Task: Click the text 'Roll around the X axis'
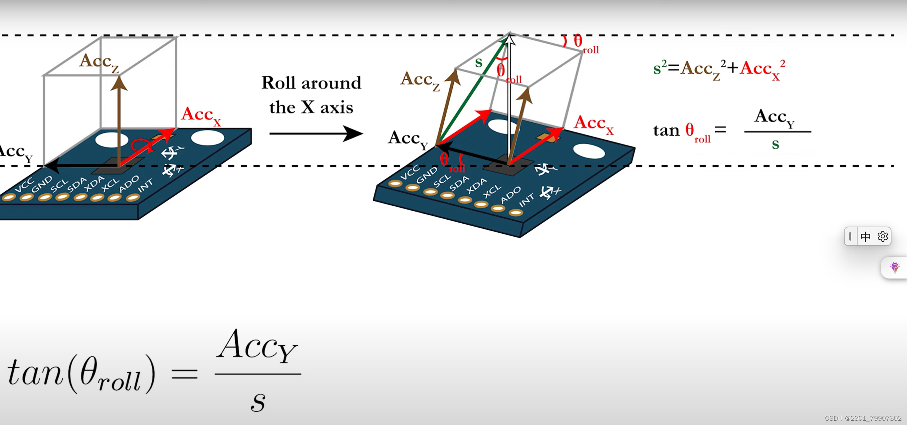pyautogui.click(x=311, y=95)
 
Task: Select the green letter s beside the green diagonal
pyautogui.click(x=479, y=63)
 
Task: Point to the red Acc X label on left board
pyautogui.click(x=200, y=116)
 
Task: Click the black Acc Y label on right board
pyautogui.click(x=408, y=139)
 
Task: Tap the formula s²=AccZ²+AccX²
pyautogui.click(x=719, y=69)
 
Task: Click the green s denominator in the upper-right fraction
pyautogui.click(x=775, y=144)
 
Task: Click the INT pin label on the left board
pyautogui.click(x=146, y=185)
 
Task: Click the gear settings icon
pyautogui.click(x=882, y=236)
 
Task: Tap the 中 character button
pyautogui.click(x=866, y=236)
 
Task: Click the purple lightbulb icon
pyautogui.click(x=895, y=267)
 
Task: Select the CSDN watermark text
pyautogui.click(x=863, y=418)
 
